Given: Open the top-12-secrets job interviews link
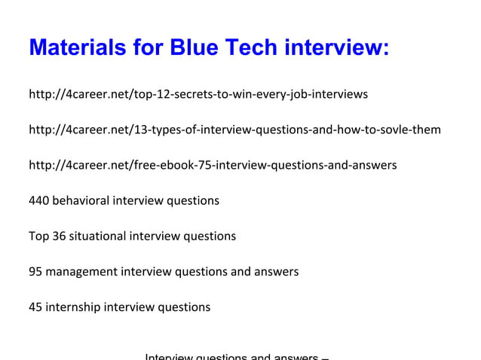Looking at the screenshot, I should tap(198, 94).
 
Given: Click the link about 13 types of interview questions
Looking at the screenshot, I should tap(234, 130).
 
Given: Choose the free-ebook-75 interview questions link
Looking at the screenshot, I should tap(213, 165).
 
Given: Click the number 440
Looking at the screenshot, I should tap(38, 200).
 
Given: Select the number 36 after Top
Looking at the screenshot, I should tap(59, 236).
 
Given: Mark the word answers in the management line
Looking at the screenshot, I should tap(277, 271).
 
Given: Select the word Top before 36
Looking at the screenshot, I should tap(38, 236).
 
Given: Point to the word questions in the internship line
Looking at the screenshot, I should tap(184, 307).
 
